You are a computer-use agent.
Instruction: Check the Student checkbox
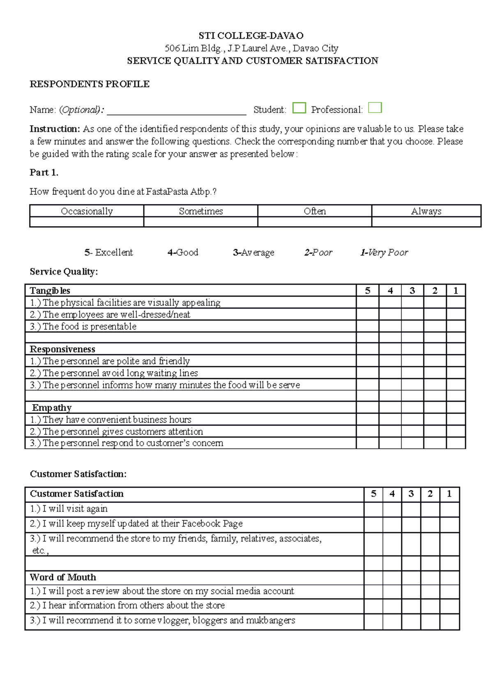click(x=299, y=108)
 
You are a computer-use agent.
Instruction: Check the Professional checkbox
click(x=375, y=108)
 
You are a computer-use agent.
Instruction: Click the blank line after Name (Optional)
click(x=177, y=110)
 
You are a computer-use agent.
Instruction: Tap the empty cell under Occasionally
click(x=87, y=222)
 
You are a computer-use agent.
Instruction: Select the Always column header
click(x=426, y=211)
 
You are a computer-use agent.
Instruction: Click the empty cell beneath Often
click(x=315, y=222)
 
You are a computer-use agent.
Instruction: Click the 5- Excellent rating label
click(x=109, y=252)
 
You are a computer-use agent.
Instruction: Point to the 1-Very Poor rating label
click(x=384, y=252)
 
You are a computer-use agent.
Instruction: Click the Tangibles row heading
click(x=50, y=291)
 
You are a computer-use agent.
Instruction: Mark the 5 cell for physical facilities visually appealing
click(x=367, y=303)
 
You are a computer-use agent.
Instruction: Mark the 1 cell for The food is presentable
click(x=456, y=326)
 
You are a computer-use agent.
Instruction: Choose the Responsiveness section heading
click(x=62, y=349)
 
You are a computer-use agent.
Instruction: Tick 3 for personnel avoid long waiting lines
click(x=412, y=373)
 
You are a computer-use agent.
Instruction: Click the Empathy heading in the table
click(x=52, y=408)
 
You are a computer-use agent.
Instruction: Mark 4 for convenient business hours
click(x=390, y=419)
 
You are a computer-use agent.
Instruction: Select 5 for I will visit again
click(x=373, y=509)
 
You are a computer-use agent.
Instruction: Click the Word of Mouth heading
click(x=63, y=577)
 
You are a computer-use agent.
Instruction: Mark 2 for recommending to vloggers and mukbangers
click(x=430, y=620)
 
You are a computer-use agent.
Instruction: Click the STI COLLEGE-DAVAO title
click(x=251, y=36)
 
